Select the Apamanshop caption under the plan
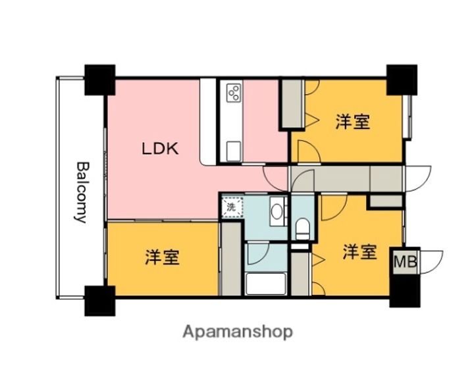pyautogui.click(x=238, y=332)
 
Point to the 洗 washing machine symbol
pyautogui.click(x=231, y=207)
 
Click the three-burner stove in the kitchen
pyautogui.click(x=233, y=93)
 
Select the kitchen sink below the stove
pyautogui.click(x=233, y=151)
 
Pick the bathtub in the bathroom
pyautogui.click(x=265, y=285)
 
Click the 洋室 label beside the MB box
pyautogui.click(x=359, y=252)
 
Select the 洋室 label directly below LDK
pyautogui.click(x=162, y=257)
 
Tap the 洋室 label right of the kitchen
pyautogui.click(x=352, y=122)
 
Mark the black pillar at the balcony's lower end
pyautogui.click(x=99, y=300)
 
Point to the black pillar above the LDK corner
pyautogui.click(x=99, y=80)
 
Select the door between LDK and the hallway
pyautogui.click(x=275, y=177)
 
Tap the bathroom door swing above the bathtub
pyautogui.click(x=256, y=254)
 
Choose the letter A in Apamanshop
pyautogui.click(x=188, y=331)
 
